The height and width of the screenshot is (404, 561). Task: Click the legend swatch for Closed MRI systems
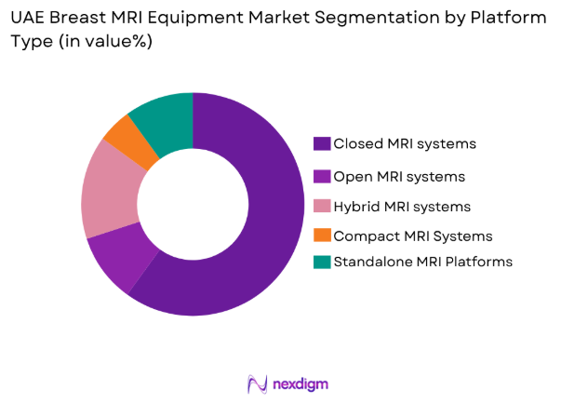[322, 143]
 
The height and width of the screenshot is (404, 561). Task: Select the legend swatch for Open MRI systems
[322, 176]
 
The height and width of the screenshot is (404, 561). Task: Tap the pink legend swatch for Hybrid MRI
[322, 206]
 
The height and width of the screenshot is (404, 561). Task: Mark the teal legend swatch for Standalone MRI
[322, 262]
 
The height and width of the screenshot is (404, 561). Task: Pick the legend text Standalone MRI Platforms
[422, 262]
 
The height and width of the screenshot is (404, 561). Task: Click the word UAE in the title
[28, 19]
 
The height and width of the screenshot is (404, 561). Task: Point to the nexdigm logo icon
[258, 384]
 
